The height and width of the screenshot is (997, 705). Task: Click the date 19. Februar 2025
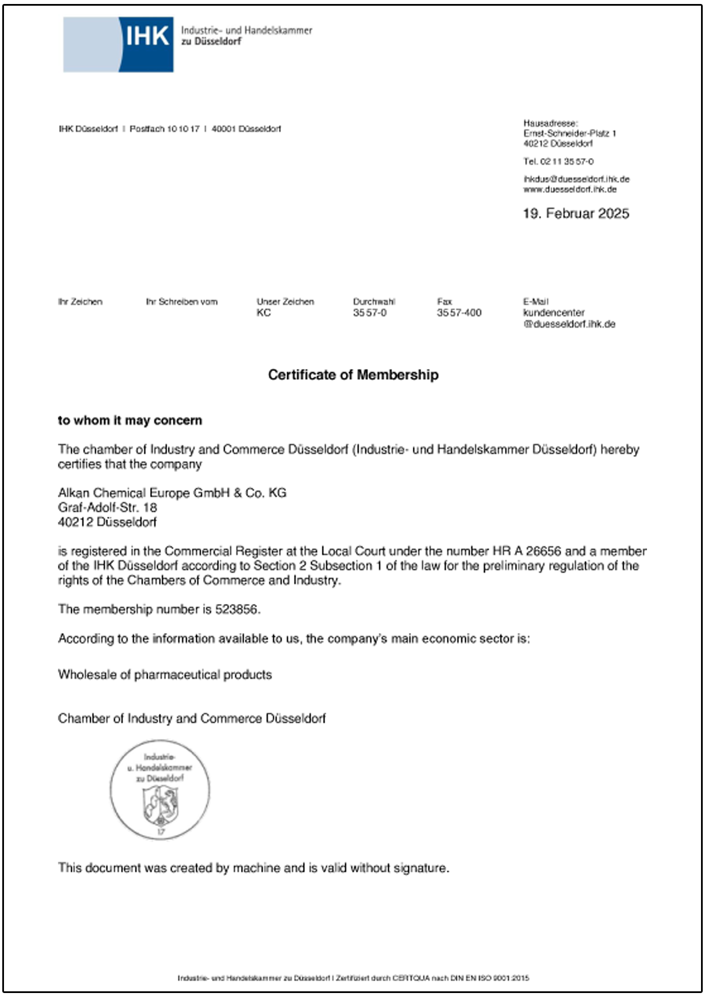coord(576,214)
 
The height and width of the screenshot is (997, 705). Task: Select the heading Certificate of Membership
coord(353,375)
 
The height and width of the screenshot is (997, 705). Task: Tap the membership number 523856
coord(237,610)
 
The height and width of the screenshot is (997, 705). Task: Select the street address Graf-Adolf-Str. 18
coord(107,507)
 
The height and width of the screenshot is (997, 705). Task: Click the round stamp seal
coord(160,789)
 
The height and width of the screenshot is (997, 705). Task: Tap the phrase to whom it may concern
coord(130,420)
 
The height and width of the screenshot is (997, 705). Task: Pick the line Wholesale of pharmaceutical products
coord(165,675)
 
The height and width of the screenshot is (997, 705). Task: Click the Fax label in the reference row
coord(445,301)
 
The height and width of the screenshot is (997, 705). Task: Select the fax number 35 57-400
coord(459,313)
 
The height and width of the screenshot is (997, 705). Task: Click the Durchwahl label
coord(374,301)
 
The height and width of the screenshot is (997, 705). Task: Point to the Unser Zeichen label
coord(285,301)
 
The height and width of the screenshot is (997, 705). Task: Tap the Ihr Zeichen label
coord(80,301)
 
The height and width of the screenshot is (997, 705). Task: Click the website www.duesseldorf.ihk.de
coord(570,189)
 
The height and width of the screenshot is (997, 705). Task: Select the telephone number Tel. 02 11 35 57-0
coord(558,162)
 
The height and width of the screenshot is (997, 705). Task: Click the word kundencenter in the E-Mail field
coord(554,313)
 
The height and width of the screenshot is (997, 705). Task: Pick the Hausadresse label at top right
coord(550,123)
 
